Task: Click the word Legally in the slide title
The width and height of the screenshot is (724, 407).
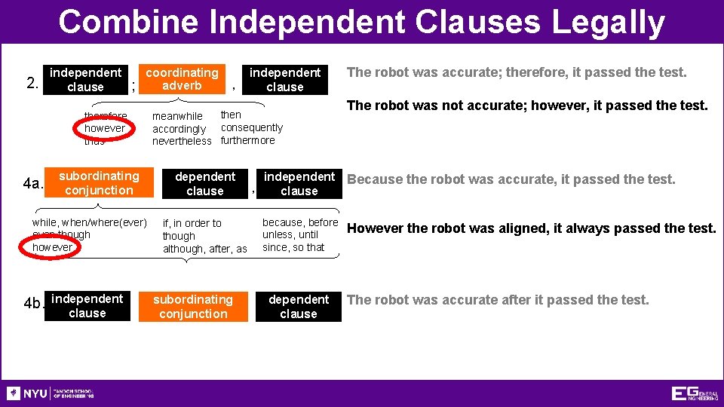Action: [x=608, y=23]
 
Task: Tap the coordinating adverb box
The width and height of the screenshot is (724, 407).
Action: [x=182, y=79]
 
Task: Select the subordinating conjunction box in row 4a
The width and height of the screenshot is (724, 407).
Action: [x=99, y=183]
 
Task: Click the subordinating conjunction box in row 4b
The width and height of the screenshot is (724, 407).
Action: [x=193, y=307]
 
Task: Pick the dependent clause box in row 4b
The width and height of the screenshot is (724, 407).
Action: [x=299, y=307]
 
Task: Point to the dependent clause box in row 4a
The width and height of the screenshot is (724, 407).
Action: [x=205, y=183]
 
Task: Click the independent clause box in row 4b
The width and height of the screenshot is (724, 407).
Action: [x=87, y=306]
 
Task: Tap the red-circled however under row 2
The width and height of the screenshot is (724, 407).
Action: [x=105, y=128]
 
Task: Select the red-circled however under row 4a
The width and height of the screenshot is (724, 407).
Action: [x=53, y=247]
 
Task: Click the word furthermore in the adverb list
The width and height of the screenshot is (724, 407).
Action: [x=248, y=141]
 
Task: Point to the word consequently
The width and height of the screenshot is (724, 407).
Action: [x=252, y=128]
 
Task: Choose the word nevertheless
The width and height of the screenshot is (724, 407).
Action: [x=182, y=141]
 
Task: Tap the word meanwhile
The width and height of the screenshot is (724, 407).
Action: [x=177, y=116]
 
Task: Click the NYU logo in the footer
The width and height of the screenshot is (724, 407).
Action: [x=27, y=393]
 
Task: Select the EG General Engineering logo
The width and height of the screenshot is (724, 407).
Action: [x=695, y=393]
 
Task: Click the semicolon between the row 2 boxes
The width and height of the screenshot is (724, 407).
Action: [x=133, y=87]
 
